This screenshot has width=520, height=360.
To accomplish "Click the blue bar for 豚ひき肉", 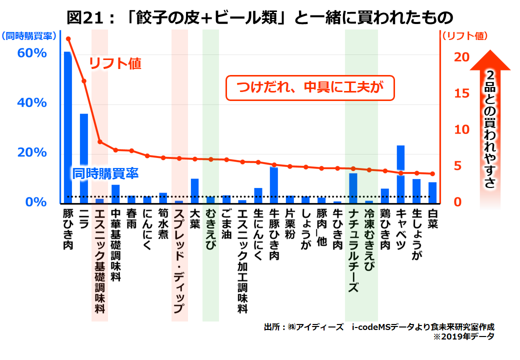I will (67, 127).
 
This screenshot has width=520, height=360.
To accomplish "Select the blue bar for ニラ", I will (84, 158).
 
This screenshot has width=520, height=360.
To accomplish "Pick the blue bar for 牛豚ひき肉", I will (273, 185).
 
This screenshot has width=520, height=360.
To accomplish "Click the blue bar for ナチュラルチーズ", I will (353, 188).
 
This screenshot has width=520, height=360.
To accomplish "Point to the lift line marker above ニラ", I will (84, 81).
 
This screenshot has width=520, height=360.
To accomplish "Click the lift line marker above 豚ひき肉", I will (68, 38).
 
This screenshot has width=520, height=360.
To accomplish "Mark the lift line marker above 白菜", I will (432, 174).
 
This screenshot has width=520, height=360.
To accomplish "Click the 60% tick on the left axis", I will (32, 53).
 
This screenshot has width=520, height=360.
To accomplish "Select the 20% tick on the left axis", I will (32, 152).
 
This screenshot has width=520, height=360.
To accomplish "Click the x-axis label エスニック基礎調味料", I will (99, 260).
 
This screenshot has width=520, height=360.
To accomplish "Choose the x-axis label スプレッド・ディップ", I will (179, 260).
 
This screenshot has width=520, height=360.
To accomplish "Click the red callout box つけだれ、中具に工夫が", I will (310, 88).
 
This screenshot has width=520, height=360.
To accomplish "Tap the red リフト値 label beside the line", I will (115, 63).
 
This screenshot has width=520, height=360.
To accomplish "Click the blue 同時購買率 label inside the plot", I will (105, 173).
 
